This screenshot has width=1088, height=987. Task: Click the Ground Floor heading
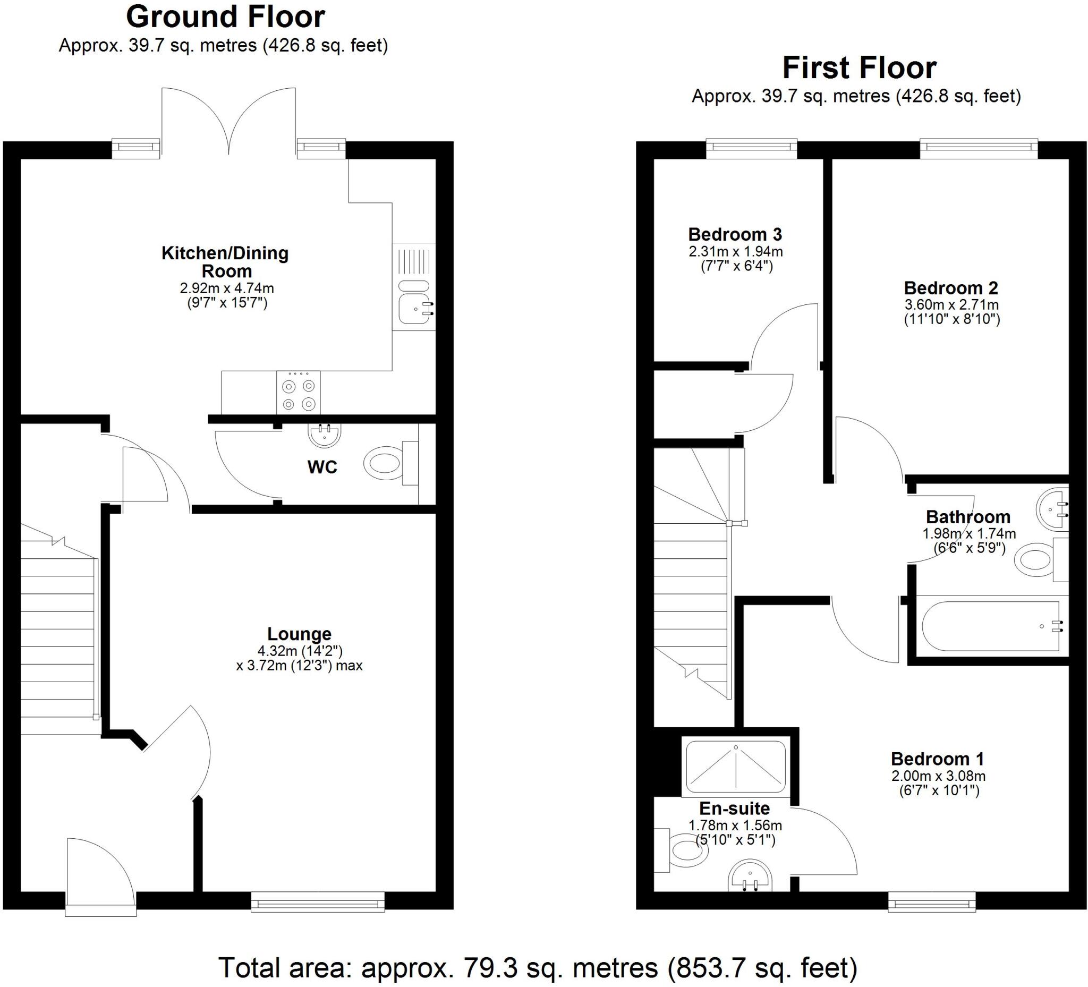pos(225,18)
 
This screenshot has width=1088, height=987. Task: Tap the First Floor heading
pos(859,68)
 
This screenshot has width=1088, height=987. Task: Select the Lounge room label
pos(299,634)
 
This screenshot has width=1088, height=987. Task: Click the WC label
pos(322,467)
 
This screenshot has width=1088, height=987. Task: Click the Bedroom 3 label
pos(735,234)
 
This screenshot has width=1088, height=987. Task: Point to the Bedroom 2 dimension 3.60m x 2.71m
pos(951,304)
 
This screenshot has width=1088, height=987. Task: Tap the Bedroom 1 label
pos(938,759)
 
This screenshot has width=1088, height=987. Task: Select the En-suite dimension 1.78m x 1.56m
pos(735,825)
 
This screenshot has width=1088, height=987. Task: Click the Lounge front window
pos(317,901)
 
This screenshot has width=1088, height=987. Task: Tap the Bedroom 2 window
pos(979,149)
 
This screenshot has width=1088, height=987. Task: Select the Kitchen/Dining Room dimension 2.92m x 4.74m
pos(227,288)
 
